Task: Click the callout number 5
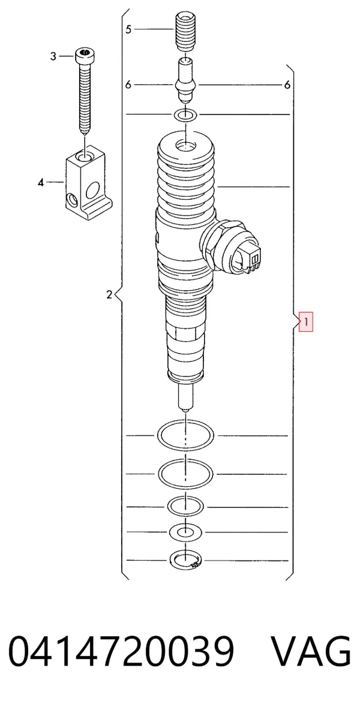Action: click(x=128, y=30)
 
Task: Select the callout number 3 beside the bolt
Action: click(x=53, y=56)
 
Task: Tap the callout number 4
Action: click(x=41, y=183)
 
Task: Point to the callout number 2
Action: click(x=109, y=295)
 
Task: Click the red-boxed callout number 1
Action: click(x=306, y=323)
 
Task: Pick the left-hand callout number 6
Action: click(x=128, y=85)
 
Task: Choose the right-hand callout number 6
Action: click(x=287, y=85)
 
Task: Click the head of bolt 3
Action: click(x=85, y=56)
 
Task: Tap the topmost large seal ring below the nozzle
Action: click(x=185, y=435)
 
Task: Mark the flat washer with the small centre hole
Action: click(x=185, y=532)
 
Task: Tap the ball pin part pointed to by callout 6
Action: click(x=186, y=81)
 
